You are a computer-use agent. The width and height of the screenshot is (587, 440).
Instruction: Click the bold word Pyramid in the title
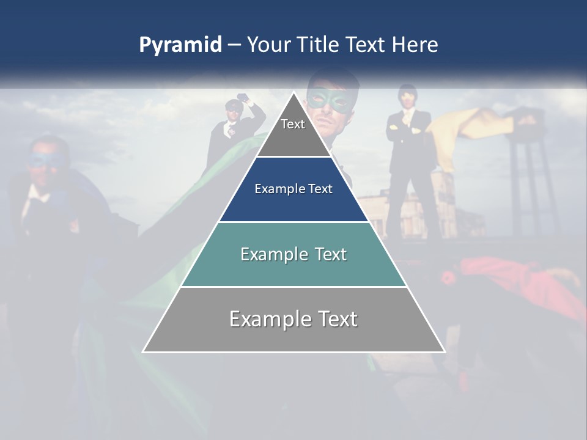click(180, 45)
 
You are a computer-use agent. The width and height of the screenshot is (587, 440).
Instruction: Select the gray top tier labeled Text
click(293, 131)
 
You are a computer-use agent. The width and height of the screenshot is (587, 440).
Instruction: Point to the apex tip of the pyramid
click(293, 93)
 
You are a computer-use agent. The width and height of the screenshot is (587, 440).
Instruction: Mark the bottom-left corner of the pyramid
click(144, 351)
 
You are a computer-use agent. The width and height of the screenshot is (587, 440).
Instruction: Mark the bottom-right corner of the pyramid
click(444, 351)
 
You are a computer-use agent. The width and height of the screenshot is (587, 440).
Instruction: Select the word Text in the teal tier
click(328, 254)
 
